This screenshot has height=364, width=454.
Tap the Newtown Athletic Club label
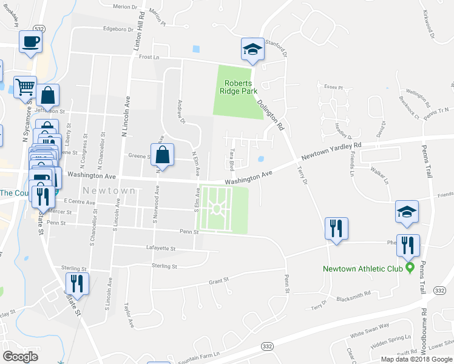point(363,268)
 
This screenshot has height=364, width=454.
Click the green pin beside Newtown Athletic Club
point(411,267)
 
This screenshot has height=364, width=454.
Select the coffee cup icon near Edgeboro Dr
point(30,42)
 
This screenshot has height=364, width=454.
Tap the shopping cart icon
point(25,87)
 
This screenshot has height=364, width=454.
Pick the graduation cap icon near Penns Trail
point(407,212)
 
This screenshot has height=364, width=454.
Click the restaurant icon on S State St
point(77,283)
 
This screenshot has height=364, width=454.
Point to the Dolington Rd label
point(270,115)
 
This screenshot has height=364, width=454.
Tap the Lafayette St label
point(160,248)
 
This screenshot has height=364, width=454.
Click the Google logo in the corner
point(20,357)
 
